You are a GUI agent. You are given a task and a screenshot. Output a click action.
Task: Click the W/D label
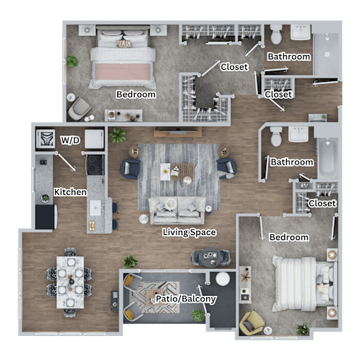(x=70, y=140)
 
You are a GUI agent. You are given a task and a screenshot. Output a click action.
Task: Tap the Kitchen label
(x=70, y=192)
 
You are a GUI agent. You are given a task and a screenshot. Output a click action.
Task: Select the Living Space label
(x=189, y=232)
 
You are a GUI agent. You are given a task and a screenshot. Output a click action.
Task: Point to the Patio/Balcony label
(x=186, y=299)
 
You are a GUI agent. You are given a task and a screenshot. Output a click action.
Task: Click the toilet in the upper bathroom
(x=276, y=35)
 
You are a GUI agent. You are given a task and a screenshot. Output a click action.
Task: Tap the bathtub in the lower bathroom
(x=328, y=158)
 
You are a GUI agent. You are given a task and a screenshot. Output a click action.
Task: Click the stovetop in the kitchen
(x=95, y=164)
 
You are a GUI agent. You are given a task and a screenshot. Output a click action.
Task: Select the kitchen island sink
(x=95, y=208)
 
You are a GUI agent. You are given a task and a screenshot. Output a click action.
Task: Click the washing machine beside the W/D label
(x=46, y=139)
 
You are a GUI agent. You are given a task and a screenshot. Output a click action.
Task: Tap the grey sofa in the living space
(x=177, y=210)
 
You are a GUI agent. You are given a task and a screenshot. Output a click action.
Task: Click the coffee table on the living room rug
(x=176, y=172)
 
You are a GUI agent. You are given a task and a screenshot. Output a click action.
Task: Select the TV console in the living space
(x=178, y=132)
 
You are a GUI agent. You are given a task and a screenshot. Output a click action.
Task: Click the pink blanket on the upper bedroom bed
(x=123, y=72)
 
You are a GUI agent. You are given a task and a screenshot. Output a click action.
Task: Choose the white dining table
(x=70, y=282)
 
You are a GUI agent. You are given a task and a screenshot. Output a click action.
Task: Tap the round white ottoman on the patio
(x=222, y=279)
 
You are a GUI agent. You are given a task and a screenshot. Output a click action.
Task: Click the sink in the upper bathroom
(x=301, y=32)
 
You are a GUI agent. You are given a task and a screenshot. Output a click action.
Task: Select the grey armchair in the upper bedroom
(x=79, y=109)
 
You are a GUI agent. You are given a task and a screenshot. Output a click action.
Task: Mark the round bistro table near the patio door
(x=211, y=257)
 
